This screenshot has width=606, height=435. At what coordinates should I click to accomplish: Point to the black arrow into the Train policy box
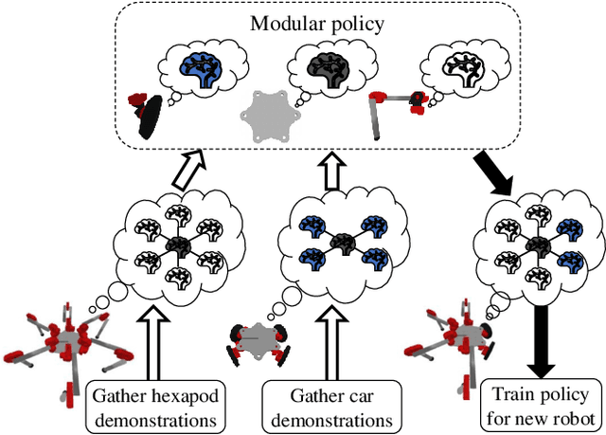544,336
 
